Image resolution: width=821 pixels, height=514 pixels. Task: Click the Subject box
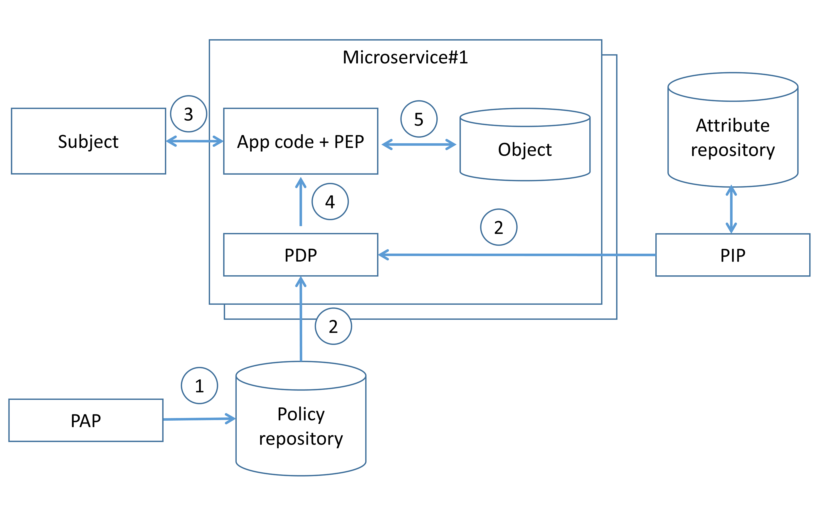point(88,141)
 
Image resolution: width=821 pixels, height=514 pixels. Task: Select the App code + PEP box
point(300,141)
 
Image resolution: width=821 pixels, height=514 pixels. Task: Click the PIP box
point(733,255)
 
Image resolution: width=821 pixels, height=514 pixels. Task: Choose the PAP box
point(86,420)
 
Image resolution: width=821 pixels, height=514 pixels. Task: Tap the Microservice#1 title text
point(405,57)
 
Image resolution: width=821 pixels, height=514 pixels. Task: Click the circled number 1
point(199,385)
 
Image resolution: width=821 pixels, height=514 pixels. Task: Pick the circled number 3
point(188,114)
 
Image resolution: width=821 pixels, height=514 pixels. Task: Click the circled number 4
point(330,202)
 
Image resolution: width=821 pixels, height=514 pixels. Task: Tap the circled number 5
point(419,119)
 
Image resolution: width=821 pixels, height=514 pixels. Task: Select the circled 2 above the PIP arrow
point(498,227)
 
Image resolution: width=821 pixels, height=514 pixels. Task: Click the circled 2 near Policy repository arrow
point(333,326)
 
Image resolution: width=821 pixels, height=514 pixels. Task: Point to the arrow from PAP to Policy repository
point(199,419)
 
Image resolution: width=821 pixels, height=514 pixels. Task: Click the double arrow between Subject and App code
point(194,141)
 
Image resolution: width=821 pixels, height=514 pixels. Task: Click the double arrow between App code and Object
point(419,144)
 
